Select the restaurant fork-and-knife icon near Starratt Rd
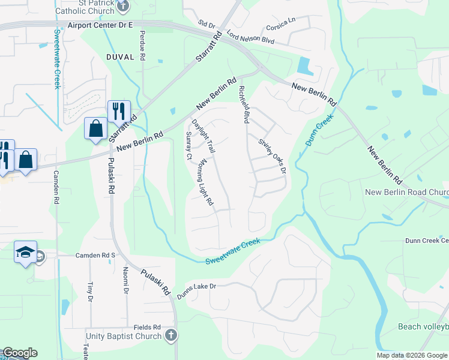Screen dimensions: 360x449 click(119, 111)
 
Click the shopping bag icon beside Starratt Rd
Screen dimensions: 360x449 click(95, 128)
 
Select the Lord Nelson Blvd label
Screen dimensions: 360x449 click(251, 40)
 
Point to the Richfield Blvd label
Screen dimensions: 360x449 click(243, 104)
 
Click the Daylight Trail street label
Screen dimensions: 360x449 click(203, 135)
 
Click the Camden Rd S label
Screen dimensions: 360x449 click(95, 255)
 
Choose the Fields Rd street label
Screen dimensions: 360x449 click(147, 327)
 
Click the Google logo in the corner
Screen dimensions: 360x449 click(20, 353)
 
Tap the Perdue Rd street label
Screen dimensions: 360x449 click(143, 45)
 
